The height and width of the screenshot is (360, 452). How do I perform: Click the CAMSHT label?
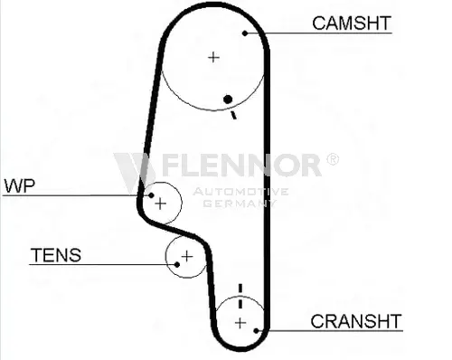click(352, 23)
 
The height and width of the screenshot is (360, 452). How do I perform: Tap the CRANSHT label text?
click(356, 321)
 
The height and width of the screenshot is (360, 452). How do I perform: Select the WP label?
click(20, 185)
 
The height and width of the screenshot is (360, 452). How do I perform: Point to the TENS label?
click(56, 255)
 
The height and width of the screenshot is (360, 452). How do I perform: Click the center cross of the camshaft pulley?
click(213, 57)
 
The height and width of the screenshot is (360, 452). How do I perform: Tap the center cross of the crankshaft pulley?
click(240, 323)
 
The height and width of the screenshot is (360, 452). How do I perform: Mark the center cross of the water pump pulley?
click(160, 204)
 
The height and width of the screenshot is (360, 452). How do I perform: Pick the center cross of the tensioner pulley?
click(187, 257)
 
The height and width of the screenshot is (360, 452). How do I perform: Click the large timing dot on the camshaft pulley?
click(228, 99)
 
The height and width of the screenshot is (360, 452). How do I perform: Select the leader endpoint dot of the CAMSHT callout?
click(245, 33)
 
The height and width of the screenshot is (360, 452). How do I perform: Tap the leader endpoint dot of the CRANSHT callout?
click(256, 331)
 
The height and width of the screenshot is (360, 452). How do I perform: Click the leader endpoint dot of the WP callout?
click(151, 195)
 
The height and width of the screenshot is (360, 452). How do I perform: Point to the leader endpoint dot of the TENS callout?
click(177, 265)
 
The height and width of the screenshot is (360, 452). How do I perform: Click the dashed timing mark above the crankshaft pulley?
click(240, 296)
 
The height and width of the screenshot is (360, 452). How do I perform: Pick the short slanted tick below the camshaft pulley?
click(233, 115)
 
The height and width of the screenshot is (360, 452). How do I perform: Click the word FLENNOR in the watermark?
click(241, 165)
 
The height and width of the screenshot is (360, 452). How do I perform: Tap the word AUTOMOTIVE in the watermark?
click(240, 192)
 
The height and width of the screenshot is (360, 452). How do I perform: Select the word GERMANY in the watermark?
click(240, 203)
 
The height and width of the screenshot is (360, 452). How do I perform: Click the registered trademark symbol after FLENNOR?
click(333, 159)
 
